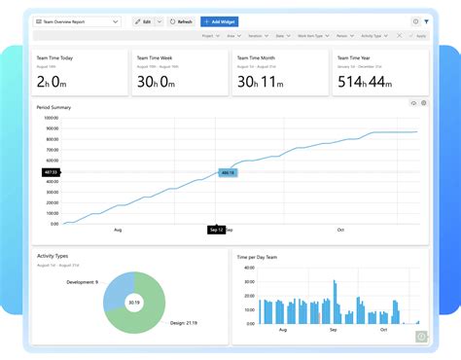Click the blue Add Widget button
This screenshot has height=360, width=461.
tap(220, 20)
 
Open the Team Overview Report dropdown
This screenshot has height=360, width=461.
tap(78, 20)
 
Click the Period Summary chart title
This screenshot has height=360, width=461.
tap(53, 107)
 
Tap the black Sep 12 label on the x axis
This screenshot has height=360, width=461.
tap(216, 230)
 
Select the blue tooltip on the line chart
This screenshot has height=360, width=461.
tap(227, 172)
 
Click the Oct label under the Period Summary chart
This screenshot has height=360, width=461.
tap(341, 230)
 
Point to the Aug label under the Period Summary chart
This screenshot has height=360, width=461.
tap(118, 230)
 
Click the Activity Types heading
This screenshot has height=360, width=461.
tap(54, 256)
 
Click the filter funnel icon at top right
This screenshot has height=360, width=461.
tap(426, 20)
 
